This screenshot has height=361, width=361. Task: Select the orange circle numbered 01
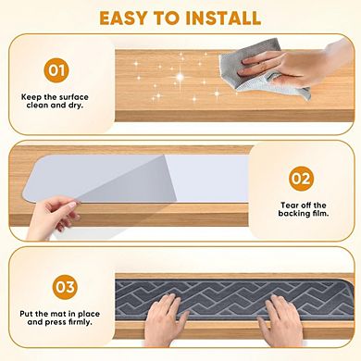click(x=56, y=68)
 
